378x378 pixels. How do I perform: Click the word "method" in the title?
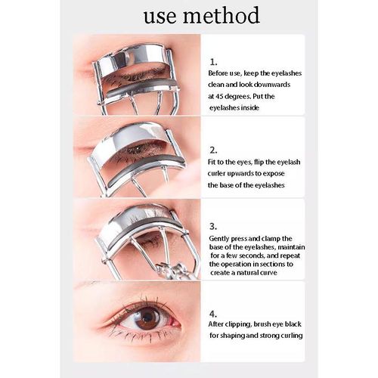click(221, 15)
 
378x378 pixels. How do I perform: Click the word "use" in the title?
click(160, 17)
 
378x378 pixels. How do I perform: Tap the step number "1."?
click(213, 62)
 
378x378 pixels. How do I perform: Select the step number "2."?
click(213, 150)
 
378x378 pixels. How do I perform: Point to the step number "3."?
click(213, 226)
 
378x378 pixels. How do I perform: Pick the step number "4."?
click(213, 314)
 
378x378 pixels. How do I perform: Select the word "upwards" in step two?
click(240, 174)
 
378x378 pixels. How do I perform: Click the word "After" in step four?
click(216, 324)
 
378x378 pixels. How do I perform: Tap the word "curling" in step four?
click(292, 336)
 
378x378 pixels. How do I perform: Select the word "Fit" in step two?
click(212, 162)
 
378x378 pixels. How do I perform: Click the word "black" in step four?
click(293, 324)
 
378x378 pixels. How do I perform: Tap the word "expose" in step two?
click(273, 174)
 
